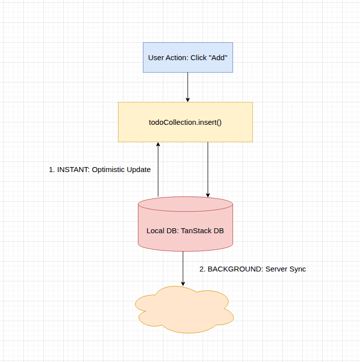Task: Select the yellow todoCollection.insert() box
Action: (x=185, y=122)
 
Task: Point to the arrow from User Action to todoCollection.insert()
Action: (x=188, y=87)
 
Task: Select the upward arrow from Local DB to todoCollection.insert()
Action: (x=158, y=169)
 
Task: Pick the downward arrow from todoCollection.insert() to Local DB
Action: (x=208, y=169)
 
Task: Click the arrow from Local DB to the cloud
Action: (x=183, y=269)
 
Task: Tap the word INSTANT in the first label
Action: (x=73, y=170)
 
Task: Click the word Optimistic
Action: (x=110, y=170)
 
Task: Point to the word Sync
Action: (x=297, y=269)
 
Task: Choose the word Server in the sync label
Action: (x=276, y=269)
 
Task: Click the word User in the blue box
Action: (x=156, y=58)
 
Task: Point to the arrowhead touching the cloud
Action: (x=183, y=283)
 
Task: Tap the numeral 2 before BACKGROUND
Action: (x=202, y=269)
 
